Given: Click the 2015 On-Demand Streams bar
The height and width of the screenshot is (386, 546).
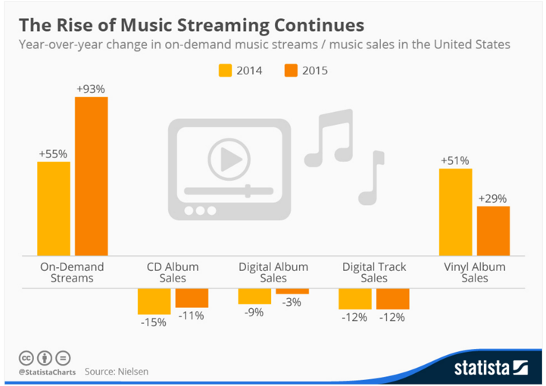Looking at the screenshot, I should tap(91, 176).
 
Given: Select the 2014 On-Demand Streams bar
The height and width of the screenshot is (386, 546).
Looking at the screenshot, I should tap(54, 208).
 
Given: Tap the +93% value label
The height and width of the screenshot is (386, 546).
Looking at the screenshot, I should tap(91, 89).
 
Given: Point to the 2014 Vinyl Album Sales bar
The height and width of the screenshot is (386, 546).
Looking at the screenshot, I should tap(455, 212).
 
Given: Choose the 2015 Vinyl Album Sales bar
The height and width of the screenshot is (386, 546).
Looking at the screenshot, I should tap(493, 231).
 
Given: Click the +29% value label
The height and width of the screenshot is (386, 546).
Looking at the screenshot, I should tap(493, 198).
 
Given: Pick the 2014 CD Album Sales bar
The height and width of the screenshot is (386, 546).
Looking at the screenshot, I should tap(154, 301).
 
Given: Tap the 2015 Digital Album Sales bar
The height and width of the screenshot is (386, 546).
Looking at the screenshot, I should tap(292, 291).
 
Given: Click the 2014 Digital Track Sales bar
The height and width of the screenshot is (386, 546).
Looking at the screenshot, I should tap(355, 299).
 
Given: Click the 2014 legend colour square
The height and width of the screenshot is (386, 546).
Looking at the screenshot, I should tap(226, 71).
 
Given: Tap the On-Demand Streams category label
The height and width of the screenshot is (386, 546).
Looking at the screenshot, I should tap(72, 272).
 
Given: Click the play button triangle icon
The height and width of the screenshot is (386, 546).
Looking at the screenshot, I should tap(230, 159).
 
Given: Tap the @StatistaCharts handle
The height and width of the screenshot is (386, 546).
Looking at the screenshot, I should tap(45, 372).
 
